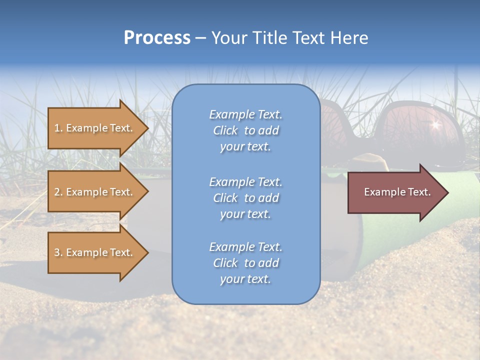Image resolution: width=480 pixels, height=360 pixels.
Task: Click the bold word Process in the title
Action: (x=157, y=38)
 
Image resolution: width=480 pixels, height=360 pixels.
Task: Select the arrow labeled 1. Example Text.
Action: (x=94, y=128)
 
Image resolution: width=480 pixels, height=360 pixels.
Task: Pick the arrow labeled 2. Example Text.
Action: (x=94, y=192)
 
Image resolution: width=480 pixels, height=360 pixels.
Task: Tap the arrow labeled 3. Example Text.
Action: (x=94, y=252)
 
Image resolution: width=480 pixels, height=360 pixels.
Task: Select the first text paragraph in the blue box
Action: (x=245, y=130)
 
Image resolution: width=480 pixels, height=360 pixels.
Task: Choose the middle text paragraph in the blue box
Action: (x=245, y=198)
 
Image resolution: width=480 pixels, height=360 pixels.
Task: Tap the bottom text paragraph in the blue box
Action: (x=245, y=263)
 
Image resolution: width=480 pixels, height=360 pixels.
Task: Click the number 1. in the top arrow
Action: (x=58, y=128)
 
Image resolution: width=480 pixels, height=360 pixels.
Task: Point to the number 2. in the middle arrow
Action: (x=58, y=192)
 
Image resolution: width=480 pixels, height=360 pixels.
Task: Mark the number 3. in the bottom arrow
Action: (x=58, y=252)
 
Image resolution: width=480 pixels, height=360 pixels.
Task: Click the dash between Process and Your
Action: (x=200, y=38)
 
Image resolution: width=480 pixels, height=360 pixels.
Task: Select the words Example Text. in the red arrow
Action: (x=397, y=192)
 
